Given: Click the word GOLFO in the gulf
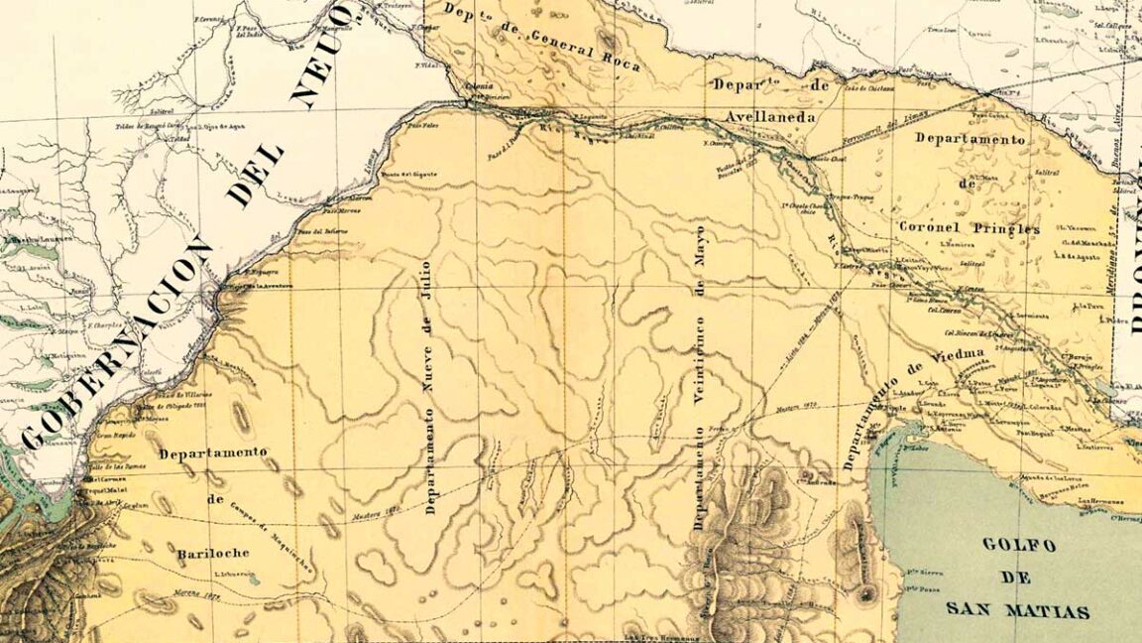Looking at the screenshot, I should tap(1017, 545).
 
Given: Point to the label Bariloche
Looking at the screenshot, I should tap(215, 552).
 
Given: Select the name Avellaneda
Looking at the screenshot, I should tap(770, 117).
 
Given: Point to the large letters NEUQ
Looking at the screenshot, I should tap(323, 55).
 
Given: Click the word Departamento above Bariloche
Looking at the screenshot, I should tap(213, 453).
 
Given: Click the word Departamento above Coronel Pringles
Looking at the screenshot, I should tap(970, 140).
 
